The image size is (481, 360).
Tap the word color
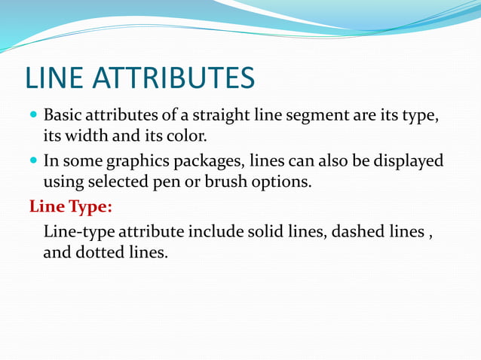click(x=187, y=138)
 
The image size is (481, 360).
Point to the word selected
click(x=117, y=182)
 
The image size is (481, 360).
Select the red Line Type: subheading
click(x=70, y=206)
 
